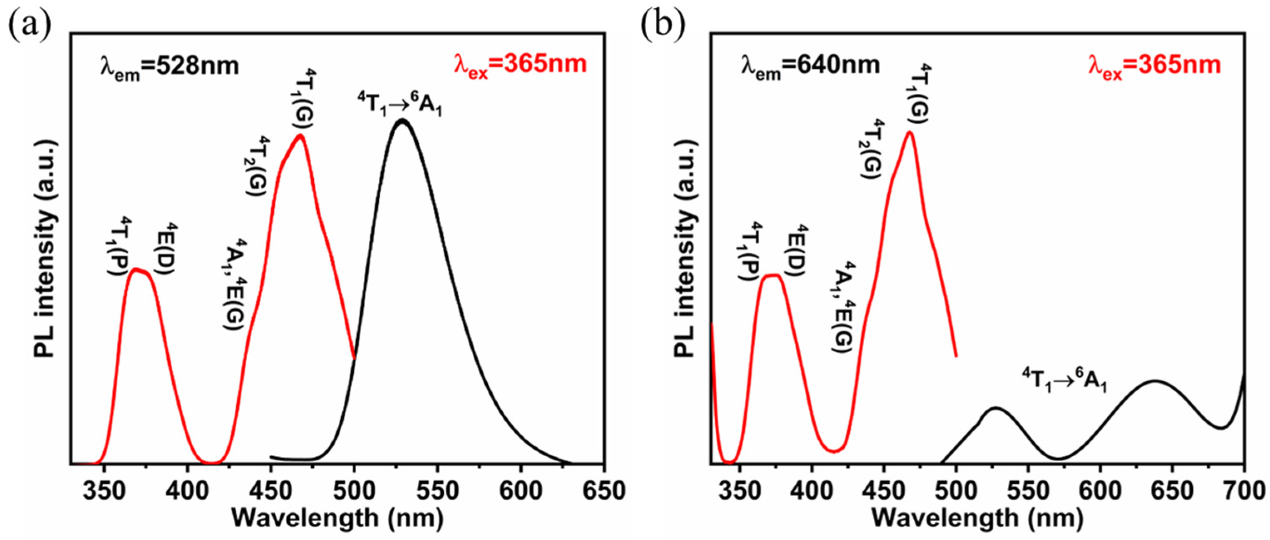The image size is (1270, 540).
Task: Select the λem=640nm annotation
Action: tap(811, 66)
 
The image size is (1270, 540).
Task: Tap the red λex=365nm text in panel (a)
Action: tap(521, 65)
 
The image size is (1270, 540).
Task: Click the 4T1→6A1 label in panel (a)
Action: tap(399, 105)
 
